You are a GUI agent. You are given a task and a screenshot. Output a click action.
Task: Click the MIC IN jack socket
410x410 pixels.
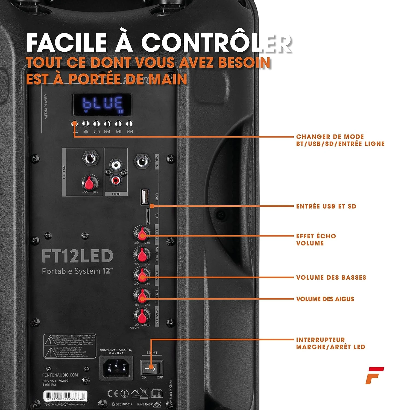(x=141, y=162)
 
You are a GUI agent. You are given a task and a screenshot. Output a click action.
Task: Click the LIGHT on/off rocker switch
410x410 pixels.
(x=151, y=368)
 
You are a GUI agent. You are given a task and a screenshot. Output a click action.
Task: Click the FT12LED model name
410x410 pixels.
(x=77, y=256)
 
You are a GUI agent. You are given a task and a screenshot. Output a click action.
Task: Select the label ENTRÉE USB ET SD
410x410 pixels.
(x=326, y=206)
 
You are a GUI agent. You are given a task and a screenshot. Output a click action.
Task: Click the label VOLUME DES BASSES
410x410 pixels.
(x=331, y=277)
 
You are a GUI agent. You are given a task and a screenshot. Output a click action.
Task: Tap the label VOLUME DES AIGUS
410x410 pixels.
(x=325, y=299)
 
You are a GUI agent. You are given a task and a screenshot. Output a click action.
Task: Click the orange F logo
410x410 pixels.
(x=374, y=375)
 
